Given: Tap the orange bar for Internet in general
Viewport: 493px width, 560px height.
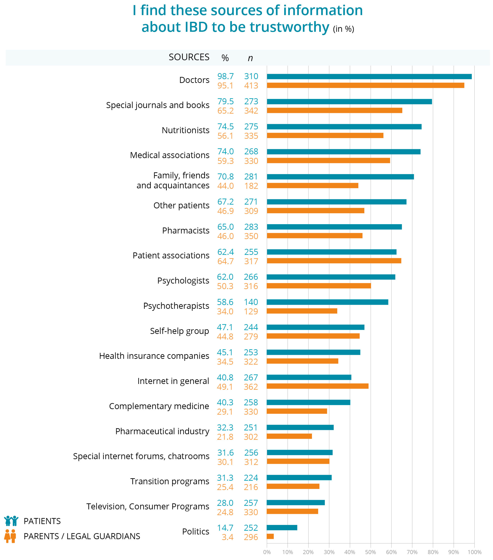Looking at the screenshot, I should coord(317,386).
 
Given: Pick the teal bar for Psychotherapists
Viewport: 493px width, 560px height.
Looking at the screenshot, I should coord(327,302).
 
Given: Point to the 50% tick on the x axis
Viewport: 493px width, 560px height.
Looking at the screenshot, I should coord(370,552).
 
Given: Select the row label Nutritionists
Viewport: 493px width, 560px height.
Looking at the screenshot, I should coord(186,130).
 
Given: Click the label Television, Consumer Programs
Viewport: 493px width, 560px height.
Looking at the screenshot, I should coord(148,506).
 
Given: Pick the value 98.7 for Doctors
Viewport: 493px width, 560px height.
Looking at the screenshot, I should coord(225,76).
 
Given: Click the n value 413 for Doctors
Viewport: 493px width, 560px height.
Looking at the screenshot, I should coord(251,85).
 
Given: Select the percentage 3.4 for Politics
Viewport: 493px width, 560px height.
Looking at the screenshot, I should coord(228,537).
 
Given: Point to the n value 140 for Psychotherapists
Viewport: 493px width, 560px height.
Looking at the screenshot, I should coord(251,302).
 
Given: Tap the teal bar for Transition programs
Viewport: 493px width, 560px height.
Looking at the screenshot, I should coord(299,478).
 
